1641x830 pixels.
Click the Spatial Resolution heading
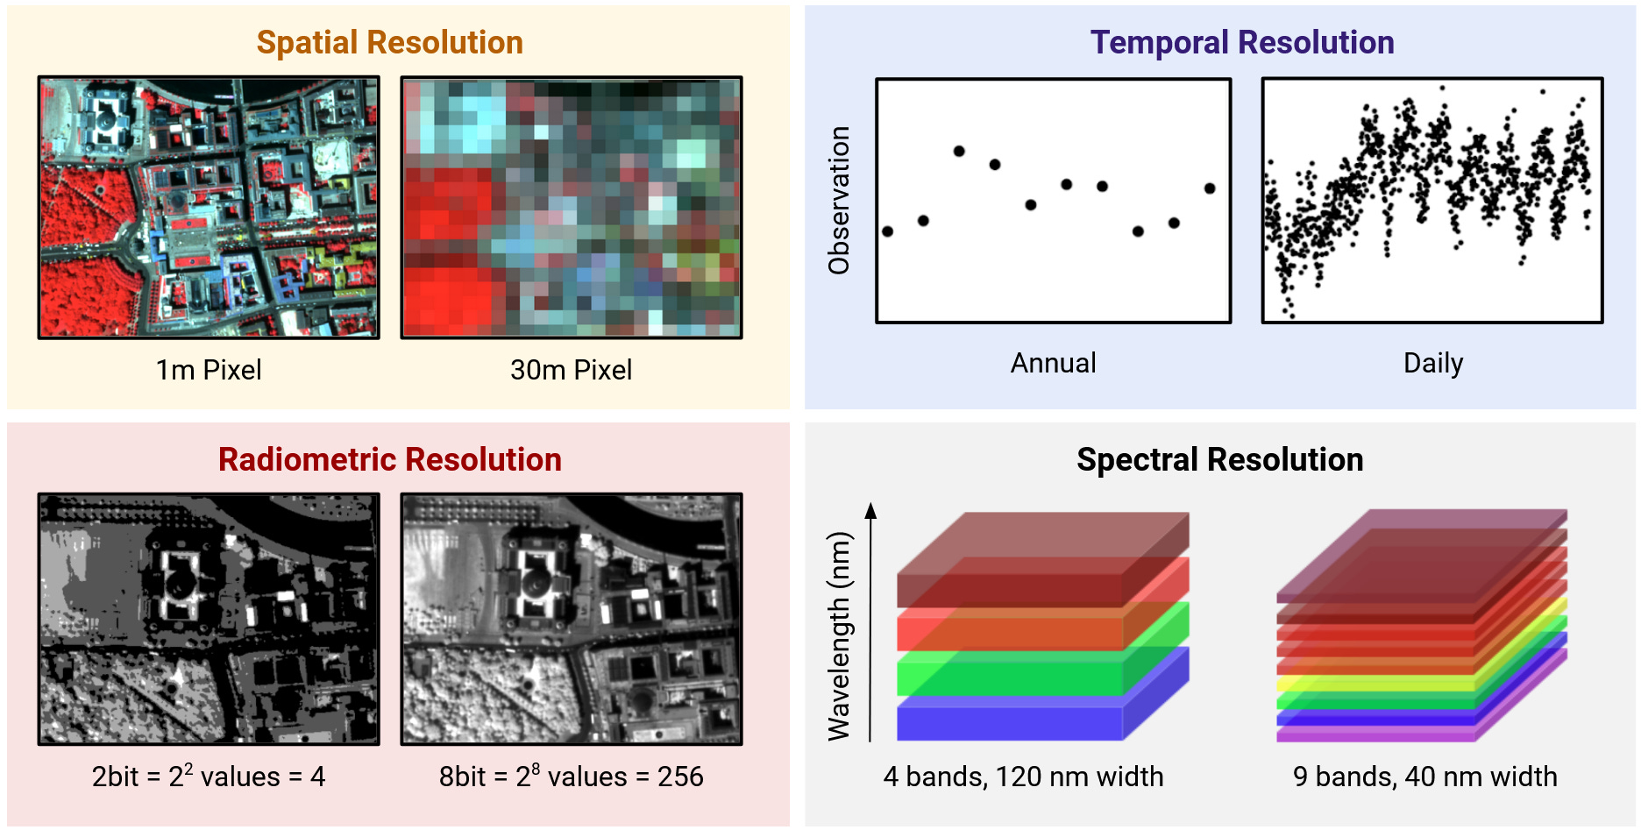[389, 42]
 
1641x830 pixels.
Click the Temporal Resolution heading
[1241, 42]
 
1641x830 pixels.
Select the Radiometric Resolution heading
[389, 459]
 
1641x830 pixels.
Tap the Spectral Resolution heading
[1219, 459]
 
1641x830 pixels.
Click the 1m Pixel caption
[209, 370]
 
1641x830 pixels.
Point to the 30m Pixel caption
[571, 370]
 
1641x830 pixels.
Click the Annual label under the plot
[1053, 363]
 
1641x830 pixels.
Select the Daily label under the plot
[1432, 363]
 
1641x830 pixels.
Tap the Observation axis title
[839, 200]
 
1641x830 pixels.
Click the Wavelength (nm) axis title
[839, 635]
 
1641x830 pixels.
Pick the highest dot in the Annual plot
[959, 151]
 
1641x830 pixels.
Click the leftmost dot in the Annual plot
[888, 231]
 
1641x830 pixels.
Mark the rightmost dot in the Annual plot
[1210, 188]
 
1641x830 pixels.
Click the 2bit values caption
[209, 777]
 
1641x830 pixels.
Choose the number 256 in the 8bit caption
[680, 777]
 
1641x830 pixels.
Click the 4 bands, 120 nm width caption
[1023, 777]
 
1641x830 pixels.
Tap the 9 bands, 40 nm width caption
[1424, 777]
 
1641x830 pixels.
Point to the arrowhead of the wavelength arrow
[870, 510]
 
